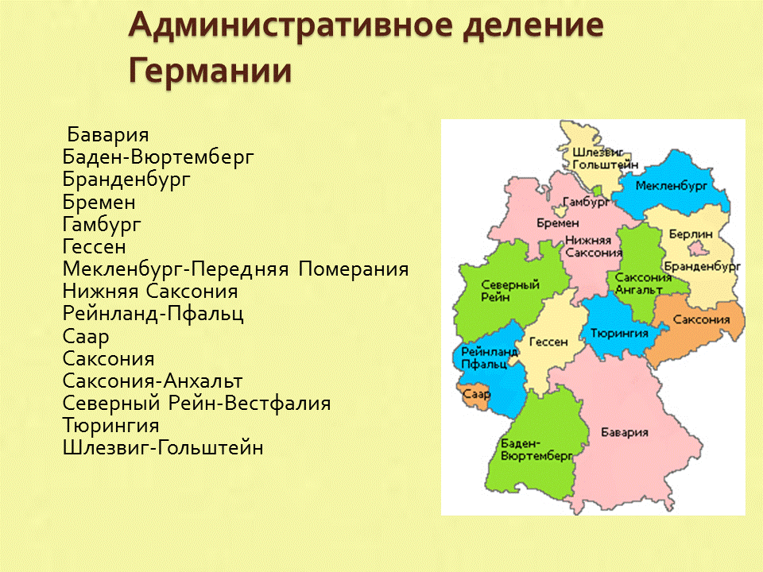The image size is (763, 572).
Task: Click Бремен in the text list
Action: point(99,203)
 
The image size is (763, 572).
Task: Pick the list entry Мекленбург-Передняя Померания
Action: point(235,269)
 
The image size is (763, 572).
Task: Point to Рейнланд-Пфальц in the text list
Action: point(153,314)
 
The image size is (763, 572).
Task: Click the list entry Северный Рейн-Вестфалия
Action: point(196,403)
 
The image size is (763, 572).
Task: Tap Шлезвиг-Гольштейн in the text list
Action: point(163,448)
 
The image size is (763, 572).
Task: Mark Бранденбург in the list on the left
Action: point(127,180)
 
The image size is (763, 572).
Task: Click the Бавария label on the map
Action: point(624,432)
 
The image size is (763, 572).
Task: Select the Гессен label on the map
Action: point(550,342)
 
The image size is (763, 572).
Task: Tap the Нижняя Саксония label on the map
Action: point(593,247)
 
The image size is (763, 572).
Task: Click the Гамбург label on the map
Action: point(585,202)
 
